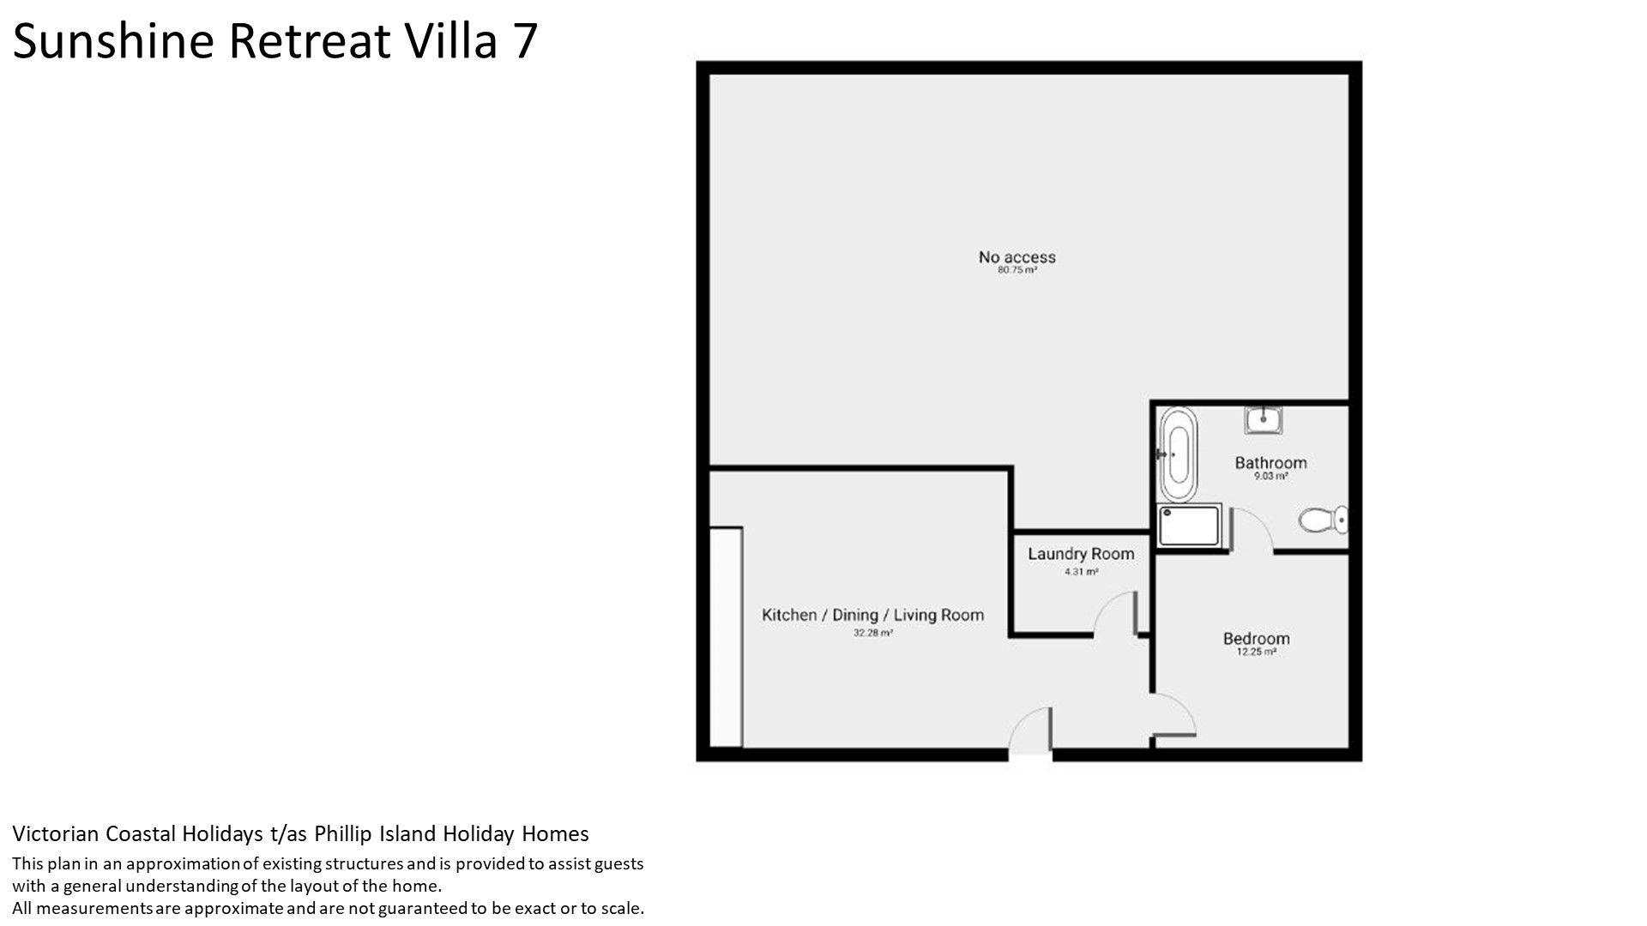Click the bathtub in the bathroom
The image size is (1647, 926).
point(1178,454)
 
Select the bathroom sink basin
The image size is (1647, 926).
point(1264,420)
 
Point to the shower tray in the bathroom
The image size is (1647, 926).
point(1189,525)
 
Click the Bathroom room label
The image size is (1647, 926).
point(1270,463)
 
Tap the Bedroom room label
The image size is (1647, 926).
point(1257,639)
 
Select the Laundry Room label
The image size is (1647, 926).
point(1081,555)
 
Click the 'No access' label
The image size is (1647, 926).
point(1017,257)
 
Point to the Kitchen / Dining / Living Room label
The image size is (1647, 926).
point(873,615)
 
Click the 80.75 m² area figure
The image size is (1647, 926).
point(1017,270)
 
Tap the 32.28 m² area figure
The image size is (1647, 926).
point(873,634)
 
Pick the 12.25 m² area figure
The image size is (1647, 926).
point(1257,652)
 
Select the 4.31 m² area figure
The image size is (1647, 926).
point(1081,572)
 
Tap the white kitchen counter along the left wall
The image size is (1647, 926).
point(726,637)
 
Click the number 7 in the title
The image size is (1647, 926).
point(524,41)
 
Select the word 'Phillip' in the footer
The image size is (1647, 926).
point(345,834)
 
